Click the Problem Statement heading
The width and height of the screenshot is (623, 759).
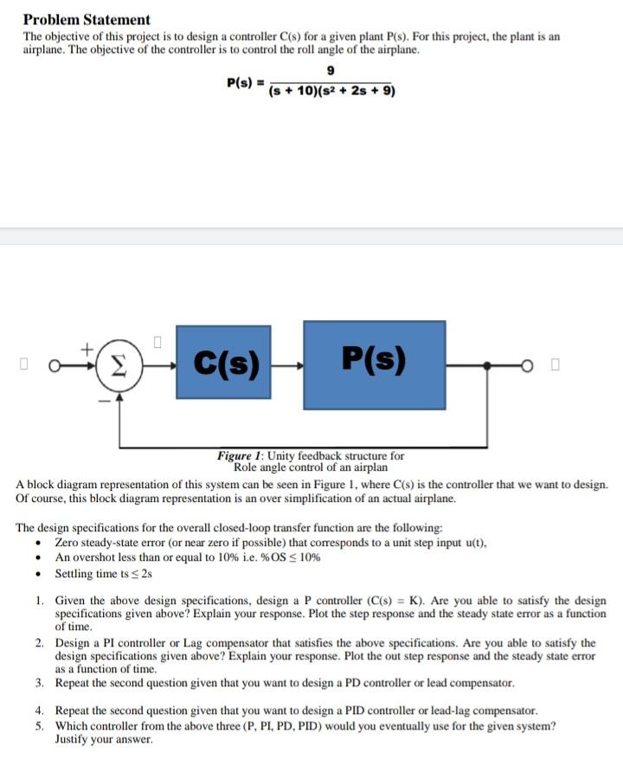pos(87,19)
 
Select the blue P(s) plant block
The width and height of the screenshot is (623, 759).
pos(374,364)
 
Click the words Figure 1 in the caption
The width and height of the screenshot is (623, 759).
pos(241,455)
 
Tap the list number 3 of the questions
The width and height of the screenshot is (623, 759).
pos(40,683)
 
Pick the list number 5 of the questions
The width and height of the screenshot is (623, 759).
pos(40,725)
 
